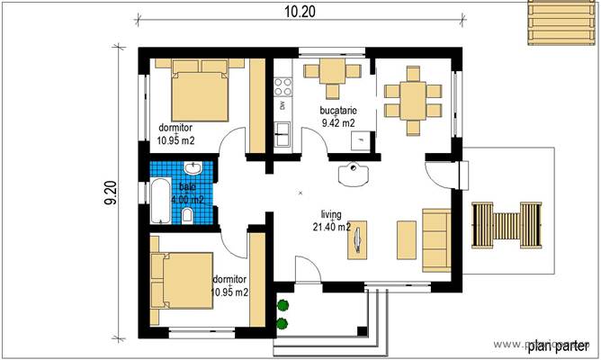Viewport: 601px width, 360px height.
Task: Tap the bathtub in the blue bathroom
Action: [158, 200]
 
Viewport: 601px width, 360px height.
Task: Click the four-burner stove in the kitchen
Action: [283, 86]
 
